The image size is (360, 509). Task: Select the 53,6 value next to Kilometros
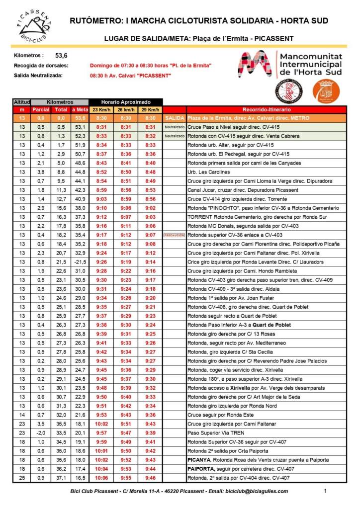click(x=61, y=56)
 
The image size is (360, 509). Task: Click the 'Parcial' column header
click(x=40, y=109)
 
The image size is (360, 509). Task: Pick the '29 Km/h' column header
click(x=150, y=109)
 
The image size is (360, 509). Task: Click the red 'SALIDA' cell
click(x=174, y=118)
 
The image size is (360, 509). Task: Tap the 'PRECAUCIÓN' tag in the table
click(x=174, y=235)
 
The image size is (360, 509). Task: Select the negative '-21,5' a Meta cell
click(x=80, y=261)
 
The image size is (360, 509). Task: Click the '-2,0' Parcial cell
click(x=40, y=433)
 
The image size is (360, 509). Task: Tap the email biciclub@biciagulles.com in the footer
click(x=261, y=491)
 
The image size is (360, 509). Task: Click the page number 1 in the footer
click(x=325, y=491)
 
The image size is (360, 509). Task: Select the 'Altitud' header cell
click(x=22, y=101)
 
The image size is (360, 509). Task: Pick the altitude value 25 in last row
click(x=22, y=478)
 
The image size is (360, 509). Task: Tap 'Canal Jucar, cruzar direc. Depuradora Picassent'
click(x=243, y=190)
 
